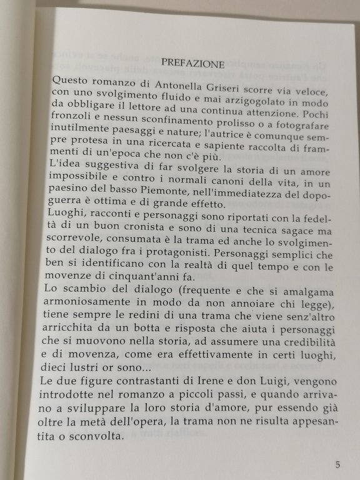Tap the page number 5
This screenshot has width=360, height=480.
tap(337, 464)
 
